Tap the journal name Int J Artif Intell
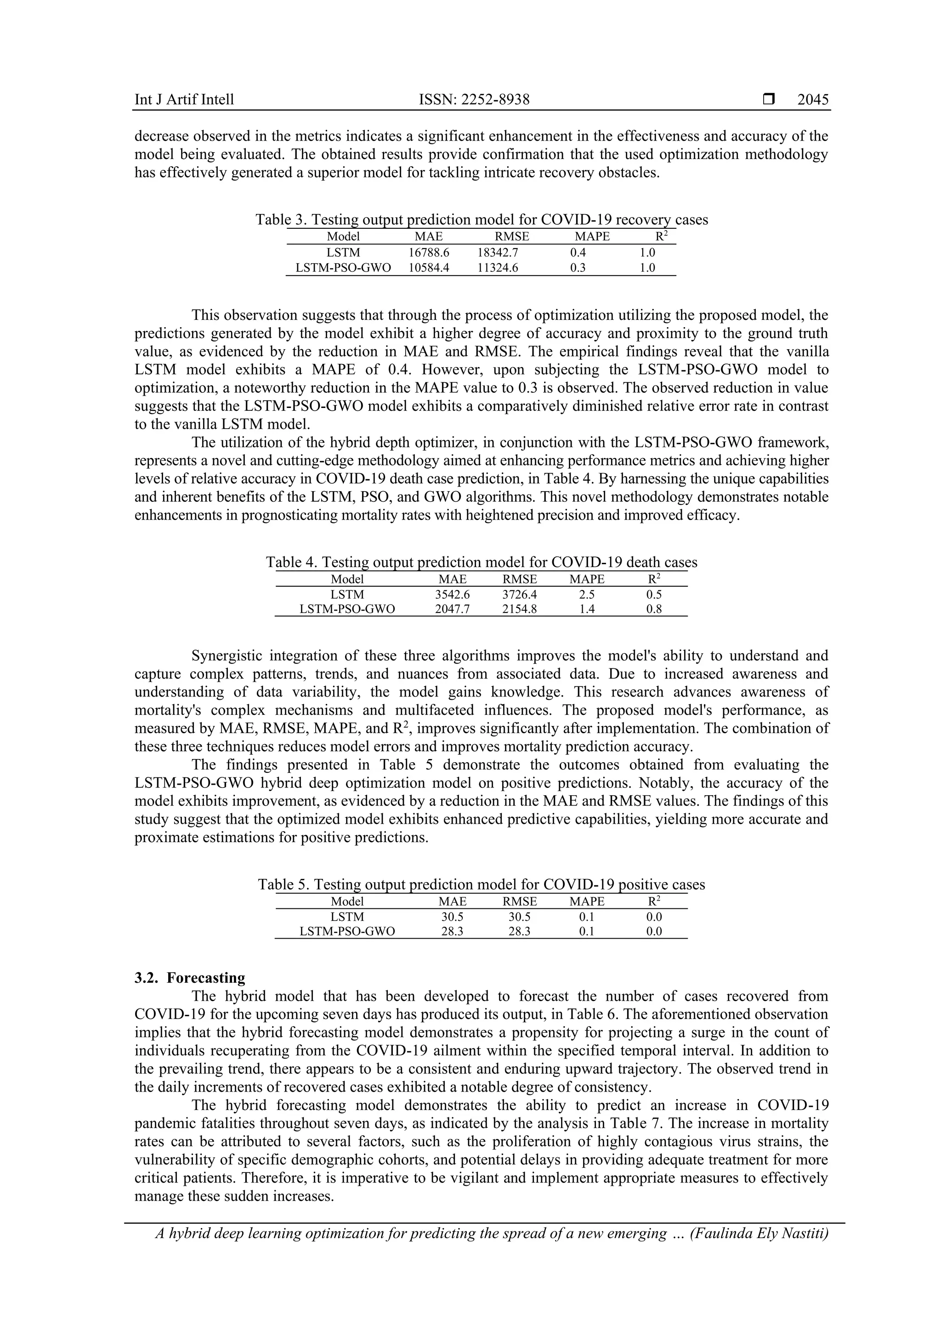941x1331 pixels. [184, 100]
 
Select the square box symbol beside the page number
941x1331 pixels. [769, 100]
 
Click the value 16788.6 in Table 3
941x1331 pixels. [429, 253]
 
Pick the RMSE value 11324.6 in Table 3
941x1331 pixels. [498, 268]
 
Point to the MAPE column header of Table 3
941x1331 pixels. [592, 237]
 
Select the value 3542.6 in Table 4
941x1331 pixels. [452, 594]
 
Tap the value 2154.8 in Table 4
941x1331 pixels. [520, 609]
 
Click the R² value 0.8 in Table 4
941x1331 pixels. [654, 609]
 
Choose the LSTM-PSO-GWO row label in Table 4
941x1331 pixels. [347, 609]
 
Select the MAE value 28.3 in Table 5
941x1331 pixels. [452, 932]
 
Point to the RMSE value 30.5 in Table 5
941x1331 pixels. [520, 917]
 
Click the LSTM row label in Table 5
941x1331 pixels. [347, 917]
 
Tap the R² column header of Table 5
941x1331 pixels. [654, 901]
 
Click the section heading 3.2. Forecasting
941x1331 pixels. [190, 978]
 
